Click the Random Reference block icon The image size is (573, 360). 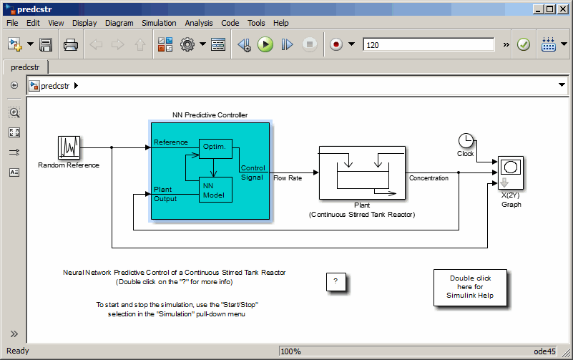69,148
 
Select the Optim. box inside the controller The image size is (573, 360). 215,147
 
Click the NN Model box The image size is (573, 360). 215,190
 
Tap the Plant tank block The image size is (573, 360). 361,172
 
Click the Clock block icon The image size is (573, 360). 466,140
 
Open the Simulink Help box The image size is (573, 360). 469,287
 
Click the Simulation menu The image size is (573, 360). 159,23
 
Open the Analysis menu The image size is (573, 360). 199,23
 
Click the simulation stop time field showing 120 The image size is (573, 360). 428,44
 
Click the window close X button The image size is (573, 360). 562,9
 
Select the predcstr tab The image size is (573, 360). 25,67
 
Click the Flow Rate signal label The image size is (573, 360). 288,178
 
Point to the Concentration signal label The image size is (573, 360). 428,178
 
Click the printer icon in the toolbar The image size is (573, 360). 70,44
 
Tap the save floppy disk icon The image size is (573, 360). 46,44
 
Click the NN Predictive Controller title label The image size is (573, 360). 210,115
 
